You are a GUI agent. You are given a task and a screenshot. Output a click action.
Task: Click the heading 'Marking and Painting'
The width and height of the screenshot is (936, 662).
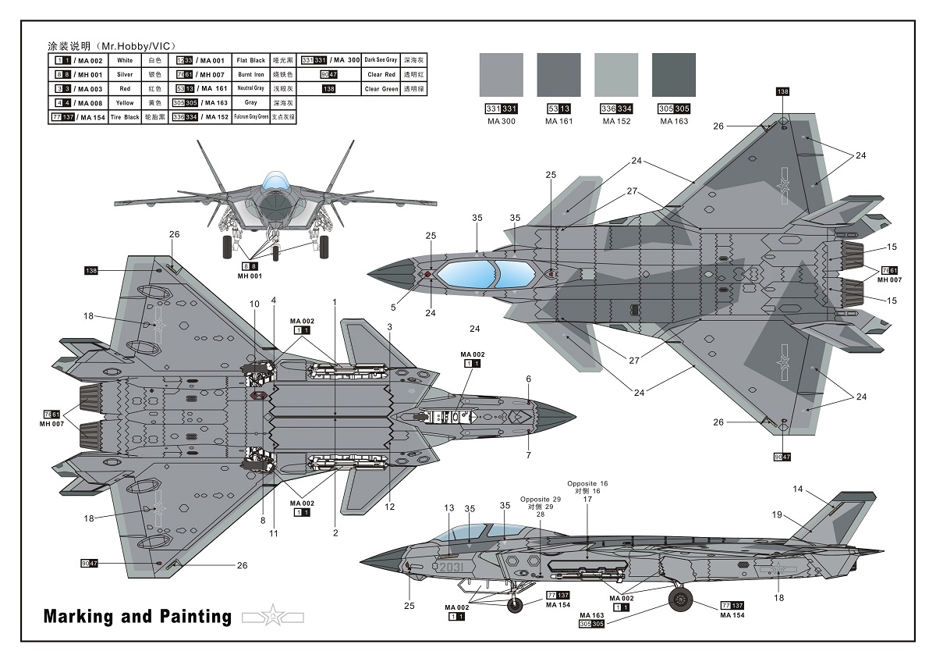(137, 617)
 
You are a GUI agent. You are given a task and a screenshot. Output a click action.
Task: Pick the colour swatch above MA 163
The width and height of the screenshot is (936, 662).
(673, 75)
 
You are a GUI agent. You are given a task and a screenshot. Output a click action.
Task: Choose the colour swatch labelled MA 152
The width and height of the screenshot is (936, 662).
(615, 75)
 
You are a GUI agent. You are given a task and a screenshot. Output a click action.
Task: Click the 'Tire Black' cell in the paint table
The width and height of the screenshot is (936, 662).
(125, 117)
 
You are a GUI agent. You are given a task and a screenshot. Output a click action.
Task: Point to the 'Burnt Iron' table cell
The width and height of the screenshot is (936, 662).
(251, 74)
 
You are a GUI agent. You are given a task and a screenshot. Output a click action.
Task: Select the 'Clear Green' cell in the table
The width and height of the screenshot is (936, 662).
(381, 89)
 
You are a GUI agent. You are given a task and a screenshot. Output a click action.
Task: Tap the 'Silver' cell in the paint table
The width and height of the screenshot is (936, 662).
(125, 74)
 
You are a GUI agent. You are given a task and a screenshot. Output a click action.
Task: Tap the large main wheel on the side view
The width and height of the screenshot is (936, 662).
(681, 599)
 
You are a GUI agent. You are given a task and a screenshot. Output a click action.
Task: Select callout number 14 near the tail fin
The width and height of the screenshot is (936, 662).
(797, 489)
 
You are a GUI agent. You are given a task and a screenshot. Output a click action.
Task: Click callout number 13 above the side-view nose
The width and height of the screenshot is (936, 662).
(448, 508)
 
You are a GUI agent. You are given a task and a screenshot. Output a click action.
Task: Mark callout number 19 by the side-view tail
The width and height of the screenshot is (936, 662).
(777, 514)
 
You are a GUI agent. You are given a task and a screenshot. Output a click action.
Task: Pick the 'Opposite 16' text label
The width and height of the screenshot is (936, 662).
(587, 484)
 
